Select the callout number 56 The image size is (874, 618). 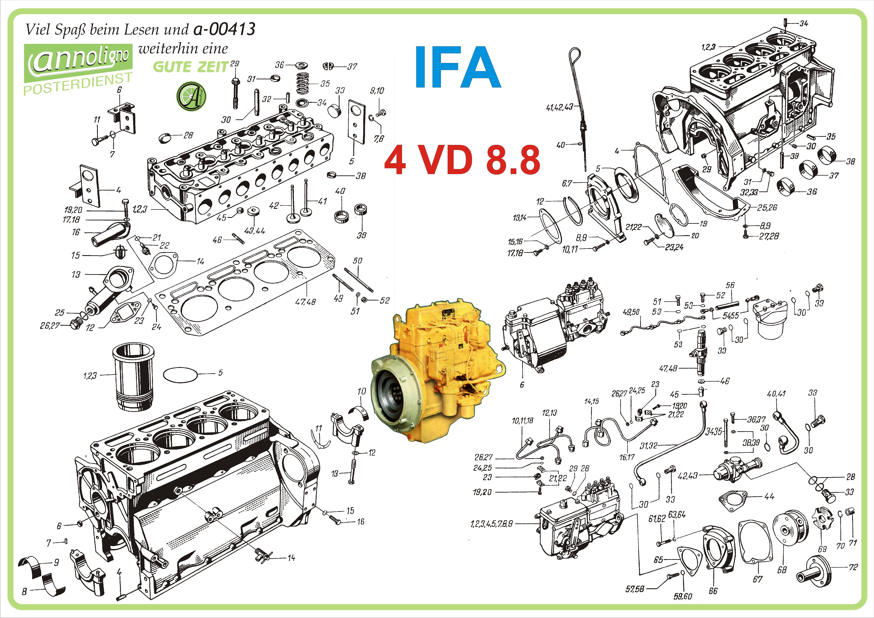pyautogui.click(x=730, y=285)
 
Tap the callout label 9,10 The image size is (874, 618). pyautogui.click(x=377, y=91)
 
